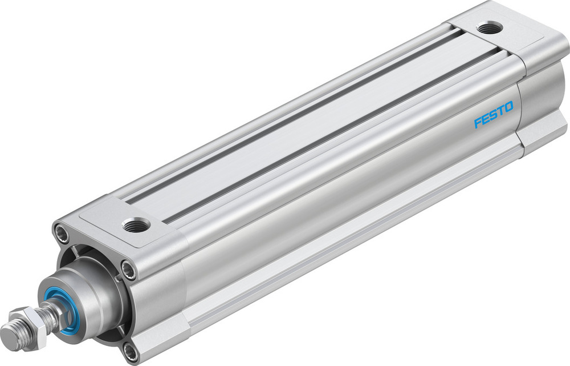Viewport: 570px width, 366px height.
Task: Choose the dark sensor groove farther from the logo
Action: click(285, 114)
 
